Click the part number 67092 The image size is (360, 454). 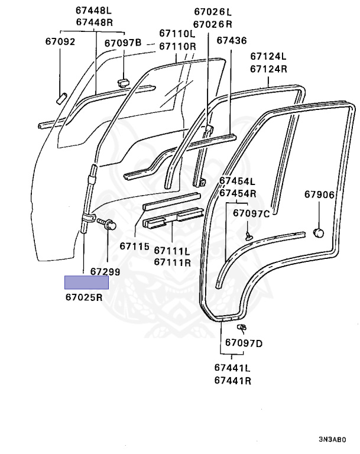tap(60, 42)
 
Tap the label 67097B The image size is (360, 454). tap(123, 43)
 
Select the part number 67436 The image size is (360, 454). tap(231, 40)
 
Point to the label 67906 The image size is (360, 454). tap(319, 194)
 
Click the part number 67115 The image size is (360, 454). tap(134, 245)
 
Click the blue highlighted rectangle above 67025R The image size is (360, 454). tap(86, 283)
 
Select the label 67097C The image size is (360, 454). tap(251, 213)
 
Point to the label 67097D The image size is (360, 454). tap(244, 343)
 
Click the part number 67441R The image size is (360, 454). tap(233, 380)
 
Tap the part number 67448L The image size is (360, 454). tap(95, 11)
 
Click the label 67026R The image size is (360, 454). tap(213, 24)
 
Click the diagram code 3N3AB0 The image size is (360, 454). tap(332, 440)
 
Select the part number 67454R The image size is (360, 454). tap(238, 193)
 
